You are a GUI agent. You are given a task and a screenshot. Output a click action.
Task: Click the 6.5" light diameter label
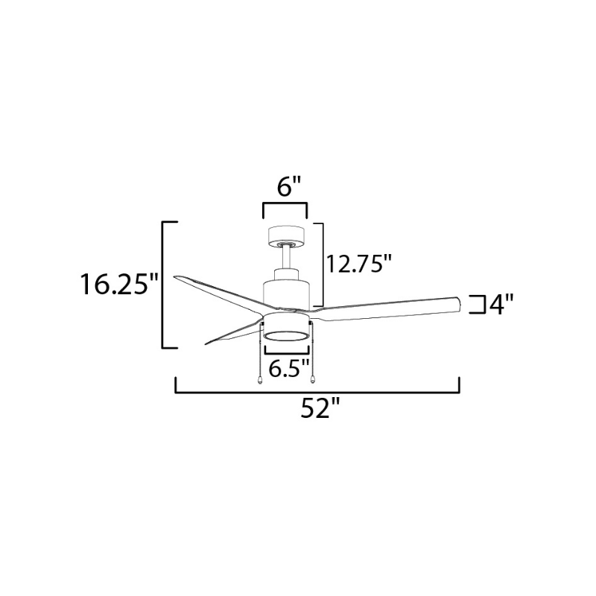288,367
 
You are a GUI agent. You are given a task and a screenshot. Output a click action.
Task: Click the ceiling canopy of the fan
287,236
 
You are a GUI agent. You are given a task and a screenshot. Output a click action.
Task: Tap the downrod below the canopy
287,258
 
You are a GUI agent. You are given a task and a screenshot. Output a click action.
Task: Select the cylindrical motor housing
287,289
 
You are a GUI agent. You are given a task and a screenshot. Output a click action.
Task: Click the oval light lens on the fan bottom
286,336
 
